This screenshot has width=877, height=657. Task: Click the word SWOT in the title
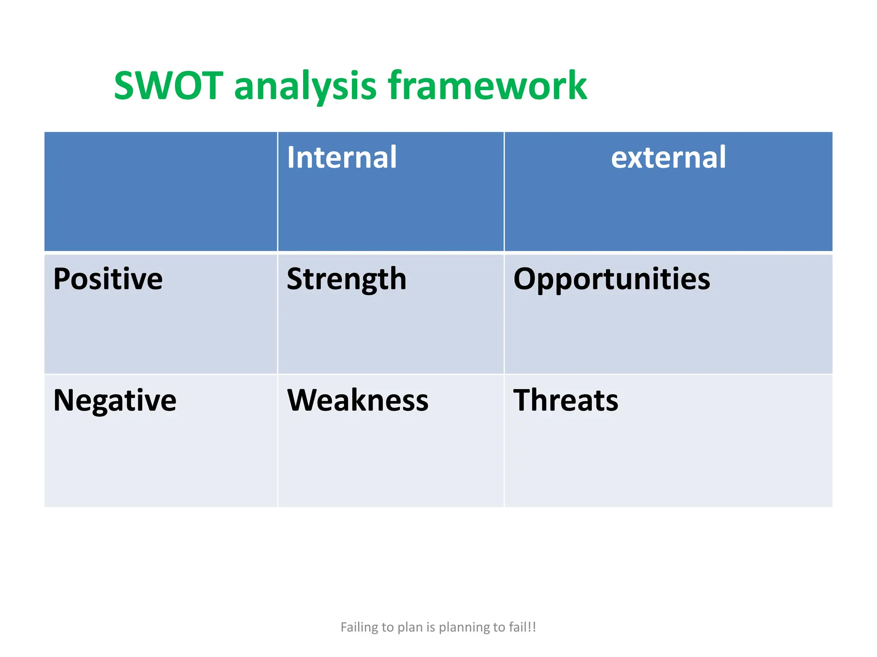click(168, 86)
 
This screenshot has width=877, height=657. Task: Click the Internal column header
click(342, 157)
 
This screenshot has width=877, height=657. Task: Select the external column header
click(668, 157)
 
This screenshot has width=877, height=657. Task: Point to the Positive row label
click(108, 279)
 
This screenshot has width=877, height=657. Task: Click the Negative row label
click(115, 400)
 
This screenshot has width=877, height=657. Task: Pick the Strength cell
click(346, 279)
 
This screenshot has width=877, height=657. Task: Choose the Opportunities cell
click(612, 279)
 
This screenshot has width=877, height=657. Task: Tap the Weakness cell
click(358, 400)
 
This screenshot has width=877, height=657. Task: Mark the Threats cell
click(566, 400)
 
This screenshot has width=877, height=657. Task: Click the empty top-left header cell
click(161, 191)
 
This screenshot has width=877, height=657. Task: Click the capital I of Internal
click(291, 157)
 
